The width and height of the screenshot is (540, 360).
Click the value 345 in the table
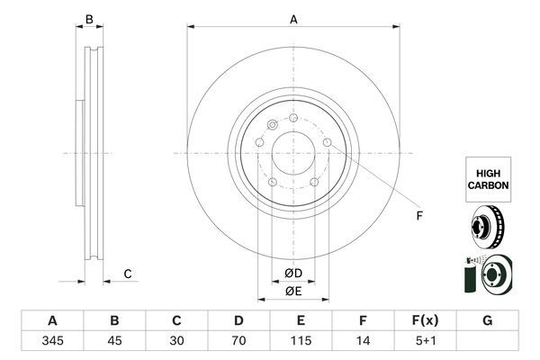[x=52, y=341]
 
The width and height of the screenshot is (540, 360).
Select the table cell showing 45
[x=114, y=341]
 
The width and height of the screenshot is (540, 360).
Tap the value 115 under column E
[x=301, y=341]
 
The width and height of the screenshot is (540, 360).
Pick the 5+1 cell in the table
[x=426, y=341]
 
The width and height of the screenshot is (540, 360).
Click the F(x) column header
[x=426, y=320]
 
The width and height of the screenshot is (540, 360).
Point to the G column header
[x=487, y=320]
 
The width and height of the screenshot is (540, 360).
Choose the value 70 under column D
[x=238, y=341]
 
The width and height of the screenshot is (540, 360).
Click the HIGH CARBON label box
[x=488, y=179]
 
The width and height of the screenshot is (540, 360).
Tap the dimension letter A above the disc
[x=293, y=20]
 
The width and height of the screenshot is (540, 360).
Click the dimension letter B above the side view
[x=89, y=19]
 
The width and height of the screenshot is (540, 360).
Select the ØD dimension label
[x=293, y=274]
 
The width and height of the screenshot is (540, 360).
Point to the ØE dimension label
[x=293, y=292]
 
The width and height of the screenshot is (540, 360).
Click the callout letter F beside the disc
[x=419, y=216]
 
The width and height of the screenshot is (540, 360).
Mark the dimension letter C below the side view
[x=128, y=274]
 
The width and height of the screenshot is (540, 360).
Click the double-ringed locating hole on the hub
[x=273, y=125]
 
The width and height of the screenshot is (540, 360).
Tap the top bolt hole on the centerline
[x=293, y=118]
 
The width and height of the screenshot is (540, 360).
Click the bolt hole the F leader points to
[x=328, y=142]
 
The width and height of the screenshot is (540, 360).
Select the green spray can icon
[x=470, y=278]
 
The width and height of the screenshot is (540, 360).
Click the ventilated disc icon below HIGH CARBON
[x=487, y=227]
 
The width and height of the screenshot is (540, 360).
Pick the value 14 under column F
[x=363, y=341]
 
